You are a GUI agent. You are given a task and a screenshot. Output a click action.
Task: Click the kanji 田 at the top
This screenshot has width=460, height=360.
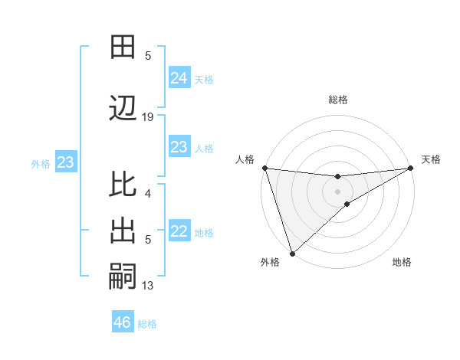[123, 47]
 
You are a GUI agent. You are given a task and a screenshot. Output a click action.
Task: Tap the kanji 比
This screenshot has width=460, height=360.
[123, 185]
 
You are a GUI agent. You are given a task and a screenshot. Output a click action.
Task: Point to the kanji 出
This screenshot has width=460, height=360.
[123, 232]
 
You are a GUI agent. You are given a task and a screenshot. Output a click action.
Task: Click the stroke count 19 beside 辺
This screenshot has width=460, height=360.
[148, 117]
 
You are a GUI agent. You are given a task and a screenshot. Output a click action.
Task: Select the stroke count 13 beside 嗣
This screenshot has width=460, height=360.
[148, 286]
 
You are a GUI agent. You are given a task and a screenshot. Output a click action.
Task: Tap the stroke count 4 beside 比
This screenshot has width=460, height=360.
[148, 194]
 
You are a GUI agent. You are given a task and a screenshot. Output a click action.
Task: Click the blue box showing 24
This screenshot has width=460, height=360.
[179, 78]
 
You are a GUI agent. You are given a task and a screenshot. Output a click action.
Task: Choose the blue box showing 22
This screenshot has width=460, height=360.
[179, 232]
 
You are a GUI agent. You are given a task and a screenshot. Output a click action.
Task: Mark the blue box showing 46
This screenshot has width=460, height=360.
[123, 322]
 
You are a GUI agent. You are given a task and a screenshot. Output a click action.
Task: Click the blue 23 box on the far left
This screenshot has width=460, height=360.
[65, 162]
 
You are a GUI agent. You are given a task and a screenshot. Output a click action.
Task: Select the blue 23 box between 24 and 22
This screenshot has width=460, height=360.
[179, 147]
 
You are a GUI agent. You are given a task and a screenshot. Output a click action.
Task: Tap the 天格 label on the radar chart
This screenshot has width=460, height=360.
[431, 159]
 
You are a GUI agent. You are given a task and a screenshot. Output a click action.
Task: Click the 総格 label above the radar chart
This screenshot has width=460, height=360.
[337, 100]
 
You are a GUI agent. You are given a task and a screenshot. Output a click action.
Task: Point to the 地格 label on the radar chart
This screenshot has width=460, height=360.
[402, 262]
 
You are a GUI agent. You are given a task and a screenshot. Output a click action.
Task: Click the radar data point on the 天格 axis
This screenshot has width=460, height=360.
[412, 168]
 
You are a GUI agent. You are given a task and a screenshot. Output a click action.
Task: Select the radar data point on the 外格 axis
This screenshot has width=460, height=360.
[292, 253]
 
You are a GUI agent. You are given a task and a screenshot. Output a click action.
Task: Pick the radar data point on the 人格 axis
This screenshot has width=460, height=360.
[264, 168]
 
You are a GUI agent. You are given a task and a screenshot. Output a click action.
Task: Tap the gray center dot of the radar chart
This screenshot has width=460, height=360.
[337, 191]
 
